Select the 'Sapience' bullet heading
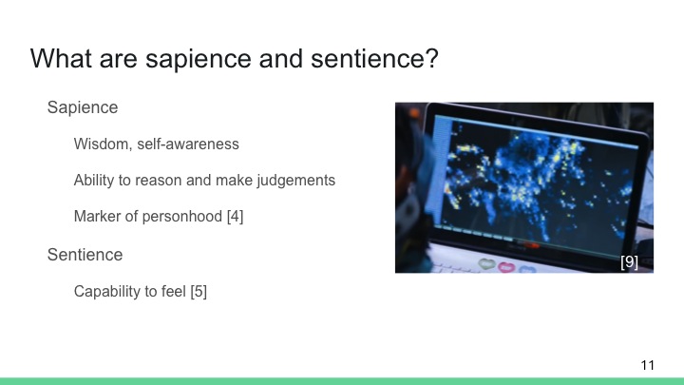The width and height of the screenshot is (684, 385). pyautogui.click(x=83, y=107)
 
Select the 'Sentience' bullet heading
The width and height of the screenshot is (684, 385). pyautogui.click(x=85, y=255)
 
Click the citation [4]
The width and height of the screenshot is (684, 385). pyautogui.click(x=235, y=216)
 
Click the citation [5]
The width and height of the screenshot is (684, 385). pyautogui.click(x=198, y=291)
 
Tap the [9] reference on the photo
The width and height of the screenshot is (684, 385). pyautogui.click(x=629, y=261)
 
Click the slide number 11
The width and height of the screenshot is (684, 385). pyautogui.click(x=648, y=365)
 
